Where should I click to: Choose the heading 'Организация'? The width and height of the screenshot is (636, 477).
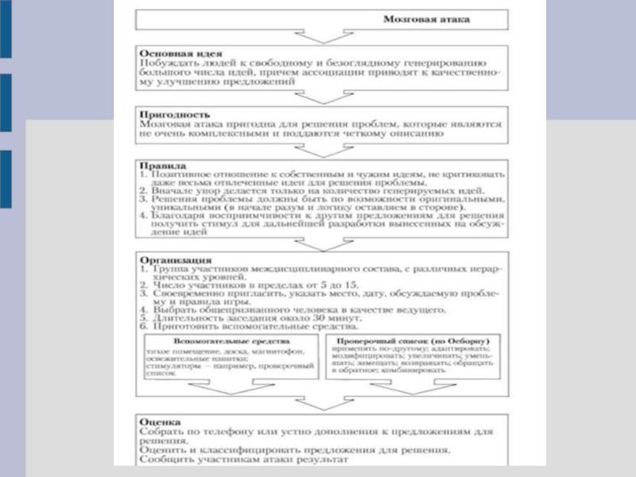click(175, 259)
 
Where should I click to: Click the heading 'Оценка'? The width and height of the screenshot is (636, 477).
click(159, 421)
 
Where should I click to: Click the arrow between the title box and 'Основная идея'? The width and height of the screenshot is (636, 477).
click(318, 36)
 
